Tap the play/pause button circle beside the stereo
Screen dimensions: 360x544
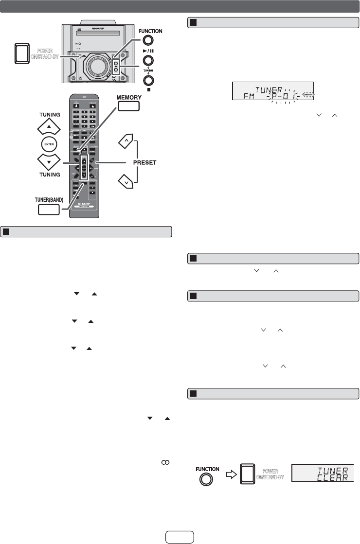[x=149, y=61]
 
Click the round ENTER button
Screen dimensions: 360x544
[x=50, y=143]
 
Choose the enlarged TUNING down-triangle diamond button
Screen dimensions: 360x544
[x=50, y=160]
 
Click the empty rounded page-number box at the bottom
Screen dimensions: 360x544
[x=180, y=535]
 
